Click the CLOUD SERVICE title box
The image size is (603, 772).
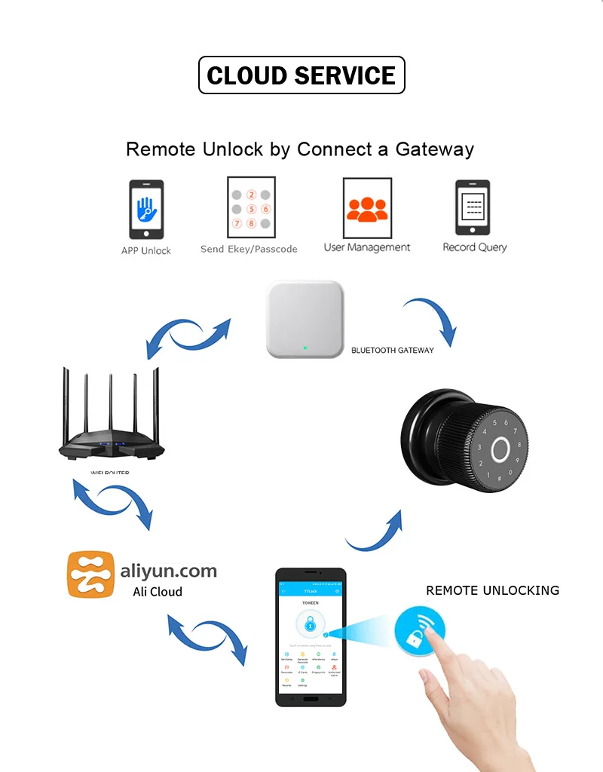pyautogui.click(x=301, y=75)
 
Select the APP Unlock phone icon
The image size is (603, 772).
pyautogui.click(x=146, y=210)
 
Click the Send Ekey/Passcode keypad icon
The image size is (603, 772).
pyautogui.click(x=251, y=207)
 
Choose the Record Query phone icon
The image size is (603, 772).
pyautogui.click(x=473, y=207)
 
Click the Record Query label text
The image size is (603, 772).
pyautogui.click(x=474, y=247)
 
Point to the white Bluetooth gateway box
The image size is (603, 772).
pyautogui.click(x=304, y=320)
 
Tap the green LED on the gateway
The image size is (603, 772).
pyautogui.click(x=303, y=348)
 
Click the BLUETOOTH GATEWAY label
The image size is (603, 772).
pyautogui.click(x=393, y=351)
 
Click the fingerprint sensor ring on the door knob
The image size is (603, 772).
pyautogui.click(x=499, y=450)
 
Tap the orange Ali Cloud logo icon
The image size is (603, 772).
pyautogui.click(x=91, y=575)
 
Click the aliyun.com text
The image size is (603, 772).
pyautogui.click(x=169, y=571)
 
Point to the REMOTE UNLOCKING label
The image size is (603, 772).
pyautogui.click(x=492, y=590)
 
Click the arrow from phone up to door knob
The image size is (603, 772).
pyautogui.click(x=375, y=530)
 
